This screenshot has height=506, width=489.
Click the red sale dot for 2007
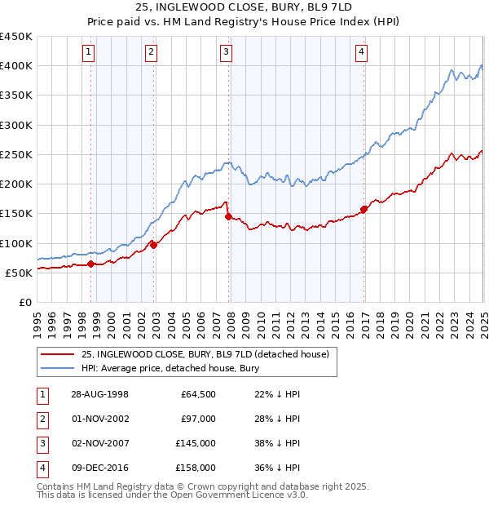coord(229,216)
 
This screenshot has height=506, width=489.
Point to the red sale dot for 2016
coord(364,209)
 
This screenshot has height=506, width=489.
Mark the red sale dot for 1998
coord(91,264)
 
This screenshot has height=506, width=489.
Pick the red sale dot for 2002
coord(154,245)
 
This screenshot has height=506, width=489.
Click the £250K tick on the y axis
coord(16,154)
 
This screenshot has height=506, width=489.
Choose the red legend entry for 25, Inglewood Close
coord(205,354)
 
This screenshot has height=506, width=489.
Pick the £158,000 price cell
coord(196,468)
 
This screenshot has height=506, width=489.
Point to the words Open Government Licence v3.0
coord(244,495)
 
